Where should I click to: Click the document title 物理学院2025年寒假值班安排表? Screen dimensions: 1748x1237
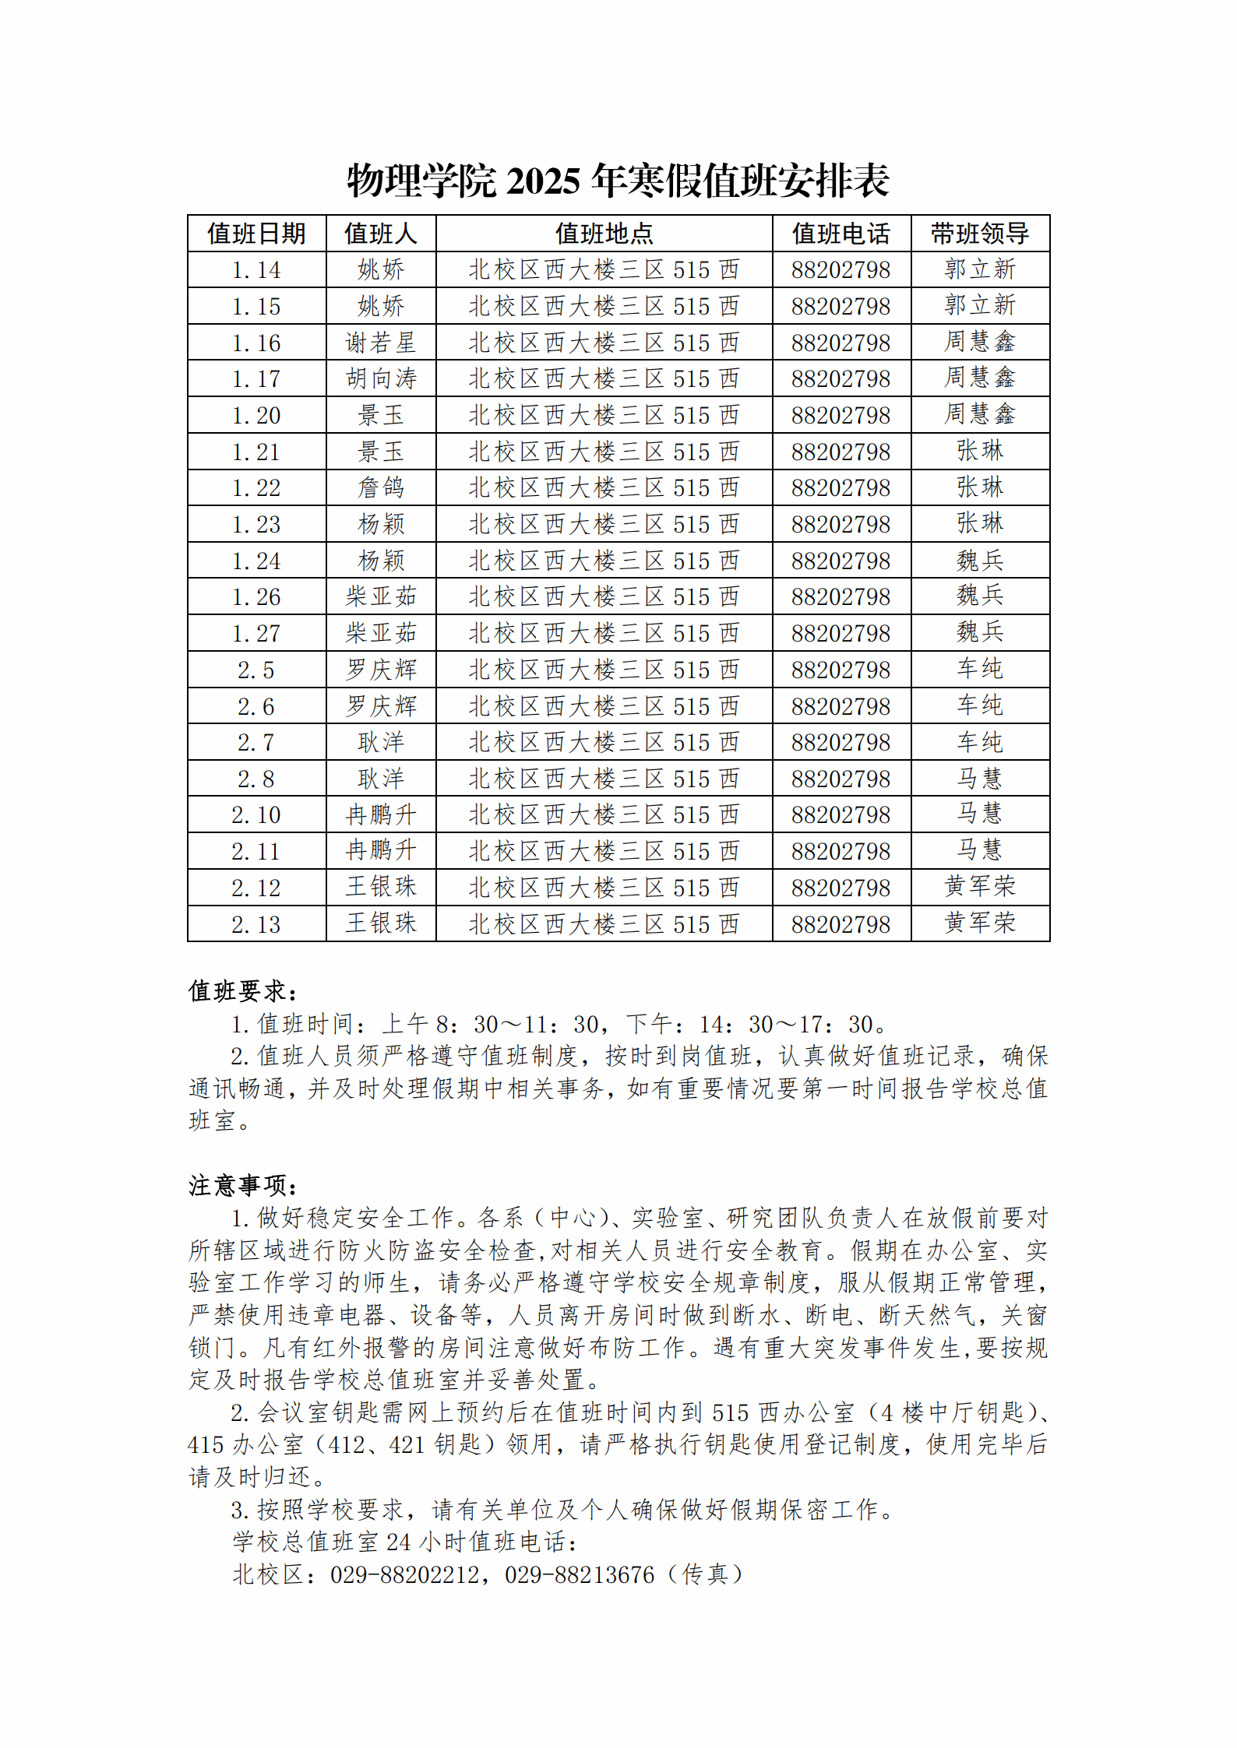pos(618,181)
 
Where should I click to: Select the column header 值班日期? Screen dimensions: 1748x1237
pos(256,234)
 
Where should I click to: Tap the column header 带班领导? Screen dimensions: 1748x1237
pos(979,234)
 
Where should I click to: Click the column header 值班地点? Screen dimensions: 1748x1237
pos(604,234)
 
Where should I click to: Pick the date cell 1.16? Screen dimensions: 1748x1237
pos(256,343)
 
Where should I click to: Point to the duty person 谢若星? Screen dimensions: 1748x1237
pos(381,343)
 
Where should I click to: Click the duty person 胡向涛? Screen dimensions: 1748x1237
pos(381,379)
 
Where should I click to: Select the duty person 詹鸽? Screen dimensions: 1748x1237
pos(381,488)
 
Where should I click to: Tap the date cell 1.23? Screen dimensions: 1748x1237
pos(256,525)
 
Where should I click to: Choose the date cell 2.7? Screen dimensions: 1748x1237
pos(256,743)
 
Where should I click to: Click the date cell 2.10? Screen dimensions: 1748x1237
pos(256,815)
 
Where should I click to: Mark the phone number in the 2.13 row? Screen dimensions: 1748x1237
pos(841,924)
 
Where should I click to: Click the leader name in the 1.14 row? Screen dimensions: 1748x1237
pos(979,269)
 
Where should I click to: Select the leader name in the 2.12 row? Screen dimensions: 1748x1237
pos(979,887)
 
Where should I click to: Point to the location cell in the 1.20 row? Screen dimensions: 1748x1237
pos(604,416)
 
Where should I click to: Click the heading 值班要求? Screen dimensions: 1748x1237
pos(242,991)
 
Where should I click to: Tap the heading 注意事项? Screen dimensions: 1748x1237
pos(242,1186)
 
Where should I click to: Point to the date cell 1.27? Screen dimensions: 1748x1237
pos(256,634)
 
